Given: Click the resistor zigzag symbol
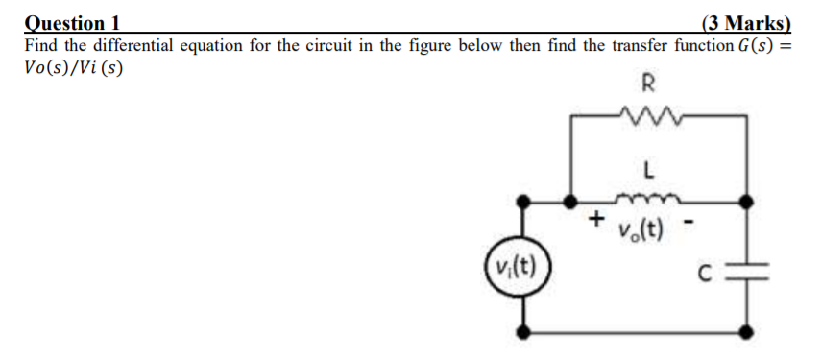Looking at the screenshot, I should click(x=650, y=115).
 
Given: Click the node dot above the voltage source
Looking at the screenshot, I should click(x=523, y=202).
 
